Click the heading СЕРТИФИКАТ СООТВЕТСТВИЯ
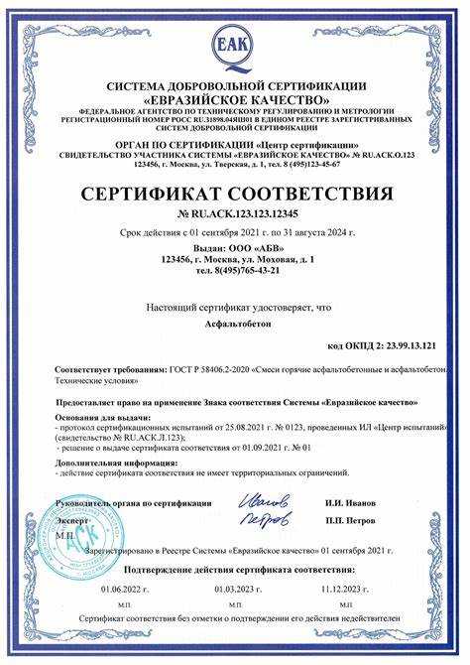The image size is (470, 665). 235,192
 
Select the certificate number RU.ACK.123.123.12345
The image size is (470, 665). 241,214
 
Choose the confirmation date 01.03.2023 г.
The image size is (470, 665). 236,589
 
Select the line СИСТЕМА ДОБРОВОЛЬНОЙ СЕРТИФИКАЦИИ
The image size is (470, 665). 235,86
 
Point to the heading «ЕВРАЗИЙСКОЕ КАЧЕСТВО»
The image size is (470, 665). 235,99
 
